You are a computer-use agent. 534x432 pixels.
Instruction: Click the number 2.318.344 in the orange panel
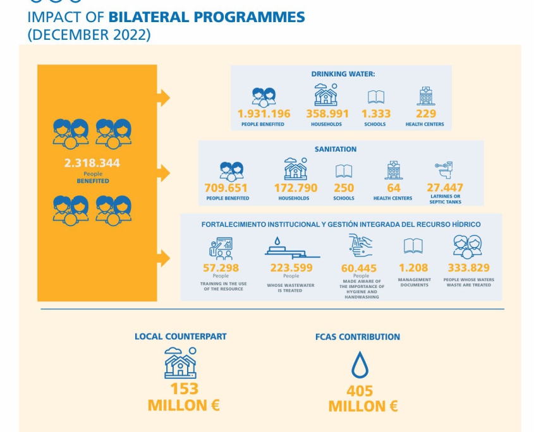(x=92, y=163)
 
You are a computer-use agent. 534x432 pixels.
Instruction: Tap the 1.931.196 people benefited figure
(x=264, y=114)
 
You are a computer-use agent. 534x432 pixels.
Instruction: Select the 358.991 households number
(x=327, y=114)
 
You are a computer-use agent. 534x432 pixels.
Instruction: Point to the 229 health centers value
(x=426, y=114)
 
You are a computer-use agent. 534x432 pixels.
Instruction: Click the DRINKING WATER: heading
(x=343, y=74)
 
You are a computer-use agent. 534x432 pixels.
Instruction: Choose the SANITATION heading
(x=336, y=149)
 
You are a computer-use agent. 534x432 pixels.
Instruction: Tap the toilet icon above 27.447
(x=444, y=170)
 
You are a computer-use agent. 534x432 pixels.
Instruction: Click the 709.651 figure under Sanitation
(x=226, y=188)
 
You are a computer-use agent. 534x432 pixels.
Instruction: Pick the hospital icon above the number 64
(x=394, y=170)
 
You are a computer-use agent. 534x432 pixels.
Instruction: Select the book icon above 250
(x=344, y=171)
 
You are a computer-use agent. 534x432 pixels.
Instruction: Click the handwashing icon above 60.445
(x=360, y=245)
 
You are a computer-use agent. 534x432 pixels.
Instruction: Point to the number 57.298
(x=221, y=268)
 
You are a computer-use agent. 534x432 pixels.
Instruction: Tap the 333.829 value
(x=469, y=268)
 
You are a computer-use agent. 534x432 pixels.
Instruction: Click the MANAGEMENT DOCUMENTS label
(x=415, y=282)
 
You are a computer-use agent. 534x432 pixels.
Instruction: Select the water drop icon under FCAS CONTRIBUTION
(x=360, y=364)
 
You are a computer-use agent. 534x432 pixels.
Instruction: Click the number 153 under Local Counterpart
(x=185, y=389)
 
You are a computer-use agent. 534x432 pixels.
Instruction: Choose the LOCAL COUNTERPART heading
(x=181, y=337)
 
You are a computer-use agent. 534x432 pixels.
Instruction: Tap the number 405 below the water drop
(x=360, y=391)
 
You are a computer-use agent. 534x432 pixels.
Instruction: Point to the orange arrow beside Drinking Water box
(x=163, y=98)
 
